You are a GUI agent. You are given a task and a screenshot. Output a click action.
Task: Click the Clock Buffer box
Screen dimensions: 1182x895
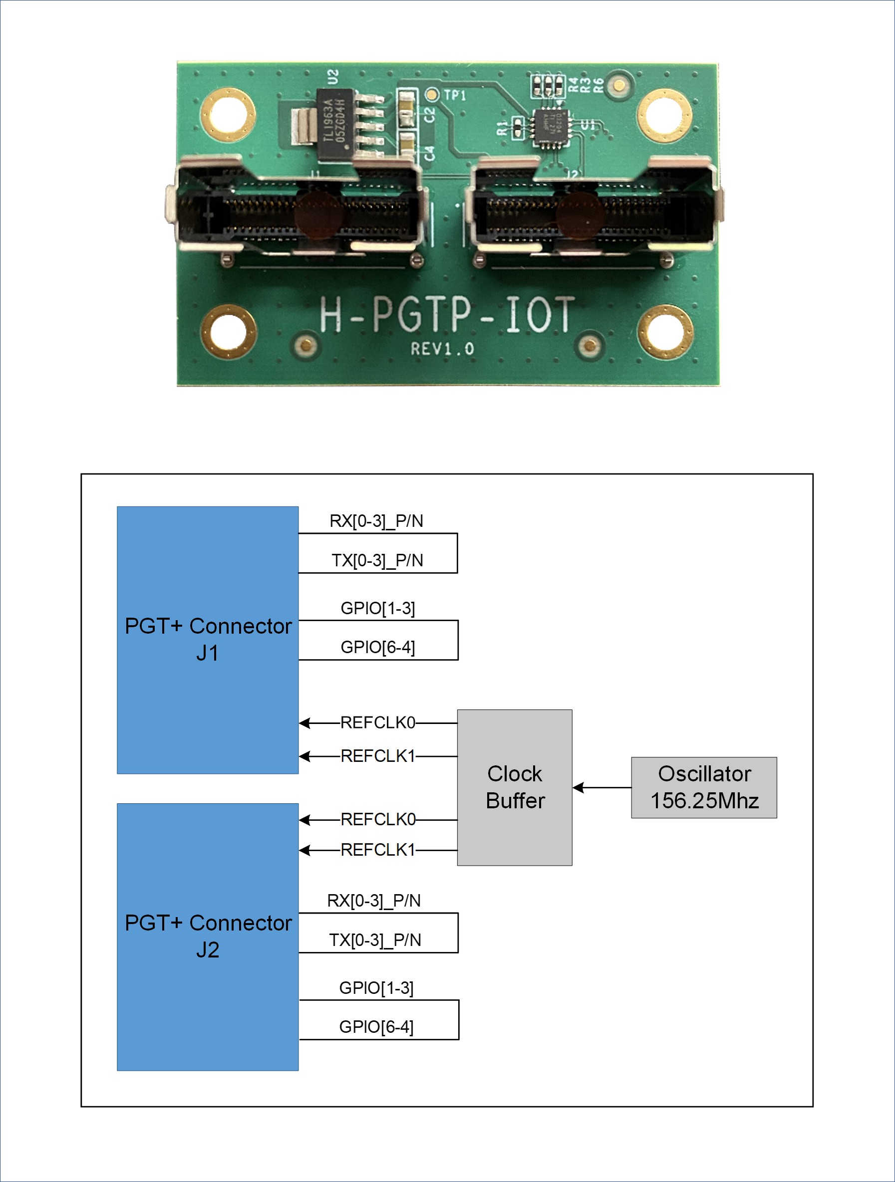tap(514, 787)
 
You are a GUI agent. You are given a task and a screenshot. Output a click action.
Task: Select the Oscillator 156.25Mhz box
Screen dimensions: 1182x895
tap(704, 787)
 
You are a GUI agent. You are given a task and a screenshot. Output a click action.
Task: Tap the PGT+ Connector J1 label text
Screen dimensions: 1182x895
tap(208, 639)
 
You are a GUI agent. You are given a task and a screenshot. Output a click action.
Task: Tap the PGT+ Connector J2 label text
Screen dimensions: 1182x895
tap(208, 936)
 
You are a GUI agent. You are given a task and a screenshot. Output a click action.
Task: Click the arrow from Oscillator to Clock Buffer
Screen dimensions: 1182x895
tap(601, 787)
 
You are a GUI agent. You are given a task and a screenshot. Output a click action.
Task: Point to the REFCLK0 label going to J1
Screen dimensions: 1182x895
tap(377, 722)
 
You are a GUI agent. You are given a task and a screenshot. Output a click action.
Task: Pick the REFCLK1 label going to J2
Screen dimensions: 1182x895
tap(377, 850)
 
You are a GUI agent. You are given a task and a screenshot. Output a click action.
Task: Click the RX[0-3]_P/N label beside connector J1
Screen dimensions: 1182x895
tap(376, 521)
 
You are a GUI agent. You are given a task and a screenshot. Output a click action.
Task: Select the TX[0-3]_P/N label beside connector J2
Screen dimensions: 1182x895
tap(375, 940)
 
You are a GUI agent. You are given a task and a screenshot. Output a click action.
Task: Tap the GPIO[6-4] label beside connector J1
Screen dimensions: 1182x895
tap(377, 647)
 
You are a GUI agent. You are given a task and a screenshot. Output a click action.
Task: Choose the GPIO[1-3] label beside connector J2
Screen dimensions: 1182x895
tap(376, 987)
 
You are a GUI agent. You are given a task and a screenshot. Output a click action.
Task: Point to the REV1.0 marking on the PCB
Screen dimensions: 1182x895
tap(442, 349)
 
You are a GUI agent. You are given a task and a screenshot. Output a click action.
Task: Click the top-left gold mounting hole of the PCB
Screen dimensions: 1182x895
tap(227, 115)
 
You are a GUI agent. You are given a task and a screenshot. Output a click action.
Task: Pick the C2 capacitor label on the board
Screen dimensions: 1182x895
tap(429, 114)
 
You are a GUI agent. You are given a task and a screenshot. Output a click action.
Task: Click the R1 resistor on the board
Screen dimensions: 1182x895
tap(518, 128)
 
